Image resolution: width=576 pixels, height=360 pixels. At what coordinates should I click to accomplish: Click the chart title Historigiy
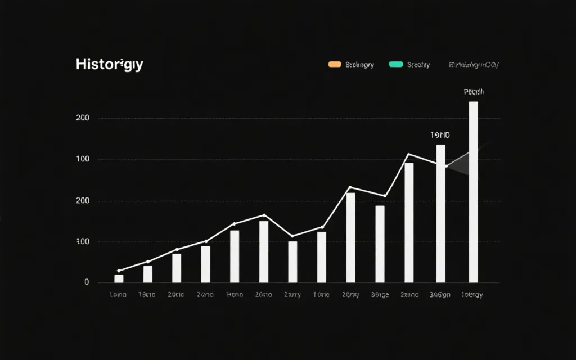[109, 64]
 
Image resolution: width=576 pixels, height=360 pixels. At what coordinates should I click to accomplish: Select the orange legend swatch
[335, 65]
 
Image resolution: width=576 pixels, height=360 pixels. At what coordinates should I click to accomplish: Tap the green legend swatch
[396, 65]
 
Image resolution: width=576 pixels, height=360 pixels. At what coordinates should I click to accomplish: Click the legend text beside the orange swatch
[359, 65]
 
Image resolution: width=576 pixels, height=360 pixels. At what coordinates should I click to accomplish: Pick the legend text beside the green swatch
[418, 65]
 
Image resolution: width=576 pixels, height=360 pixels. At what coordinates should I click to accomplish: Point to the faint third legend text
[473, 65]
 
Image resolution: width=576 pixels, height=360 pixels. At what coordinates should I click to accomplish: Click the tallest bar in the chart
[473, 191]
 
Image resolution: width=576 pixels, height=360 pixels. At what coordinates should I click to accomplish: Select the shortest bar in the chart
[119, 278]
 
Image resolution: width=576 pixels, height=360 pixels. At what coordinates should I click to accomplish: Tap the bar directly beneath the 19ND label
[440, 214]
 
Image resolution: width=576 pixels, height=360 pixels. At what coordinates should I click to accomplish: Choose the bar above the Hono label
[235, 256]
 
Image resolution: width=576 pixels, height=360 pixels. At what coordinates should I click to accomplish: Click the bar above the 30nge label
[380, 244]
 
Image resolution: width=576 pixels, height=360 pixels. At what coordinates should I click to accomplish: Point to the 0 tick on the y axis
[87, 282]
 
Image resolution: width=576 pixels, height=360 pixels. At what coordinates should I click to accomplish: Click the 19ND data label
[440, 136]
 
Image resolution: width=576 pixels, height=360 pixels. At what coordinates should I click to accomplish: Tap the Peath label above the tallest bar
[474, 92]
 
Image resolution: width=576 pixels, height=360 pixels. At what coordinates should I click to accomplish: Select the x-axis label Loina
[118, 294]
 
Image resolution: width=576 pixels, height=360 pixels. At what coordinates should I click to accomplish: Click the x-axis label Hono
[235, 294]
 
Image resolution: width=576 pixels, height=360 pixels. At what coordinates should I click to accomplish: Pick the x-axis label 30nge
[380, 294]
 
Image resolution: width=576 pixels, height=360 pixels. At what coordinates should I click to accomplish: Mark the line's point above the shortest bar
[119, 271]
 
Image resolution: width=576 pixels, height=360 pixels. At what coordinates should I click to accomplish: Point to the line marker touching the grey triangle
[447, 166]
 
